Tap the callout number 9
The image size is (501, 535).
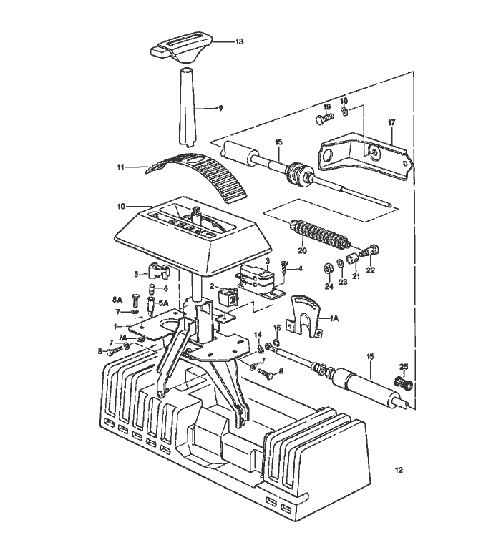click(x=220, y=108)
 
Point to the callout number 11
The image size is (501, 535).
click(x=121, y=167)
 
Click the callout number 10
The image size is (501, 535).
click(x=121, y=207)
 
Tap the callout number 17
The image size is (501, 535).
click(x=391, y=122)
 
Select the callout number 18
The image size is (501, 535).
click(x=344, y=101)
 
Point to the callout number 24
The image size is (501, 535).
click(x=329, y=286)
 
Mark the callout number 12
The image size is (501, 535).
click(x=399, y=470)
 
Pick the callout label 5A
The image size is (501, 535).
click(x=163, y=303)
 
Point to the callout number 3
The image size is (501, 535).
click(x=267, y=262)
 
